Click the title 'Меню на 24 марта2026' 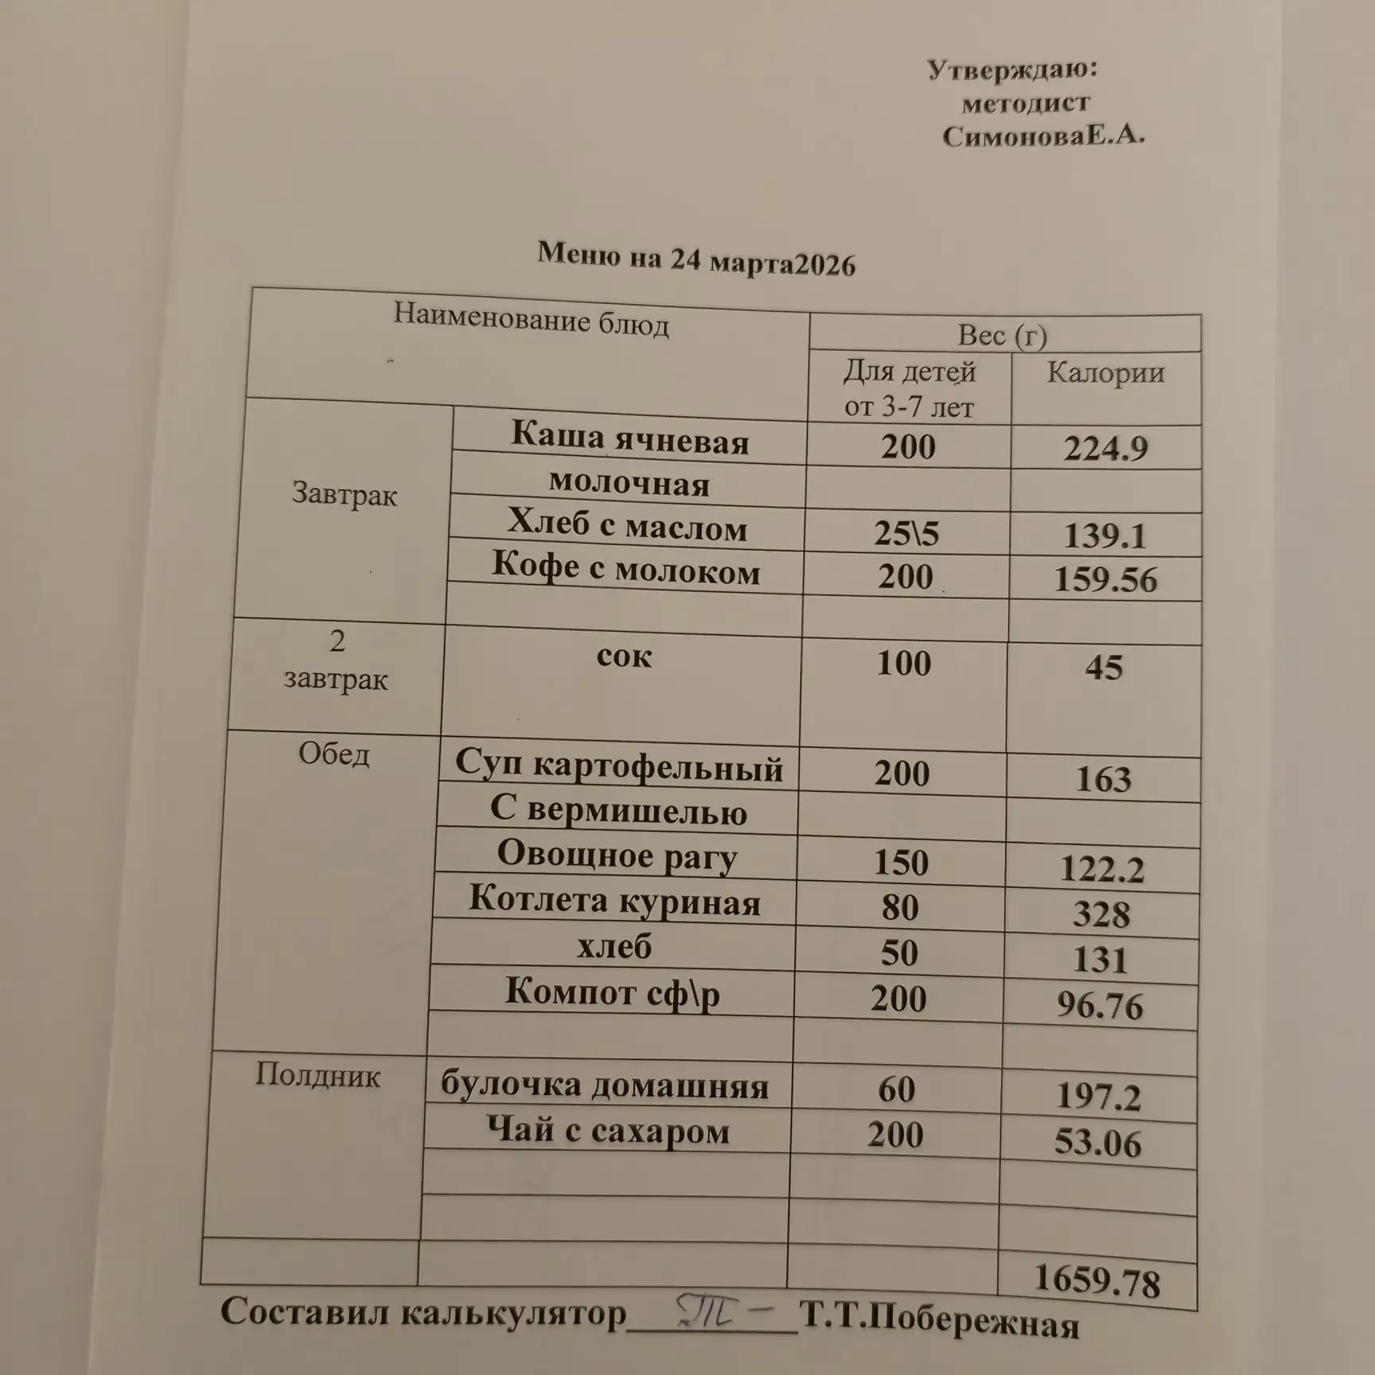[695, 259]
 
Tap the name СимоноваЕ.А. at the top [1043, 137]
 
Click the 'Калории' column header [1105, 372]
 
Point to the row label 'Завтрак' [344, 494]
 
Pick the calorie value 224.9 [1105, 449]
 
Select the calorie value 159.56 [1105, 579]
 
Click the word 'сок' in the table [624, 656]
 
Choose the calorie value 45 [1104, 668]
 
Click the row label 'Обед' [333, 754]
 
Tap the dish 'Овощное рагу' [617, 855]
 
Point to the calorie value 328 [1100, 914]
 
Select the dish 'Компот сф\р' [612, 993]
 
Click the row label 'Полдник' [317, 1076]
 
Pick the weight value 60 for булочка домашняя [897, 1089]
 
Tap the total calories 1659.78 [1096, 1280]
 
